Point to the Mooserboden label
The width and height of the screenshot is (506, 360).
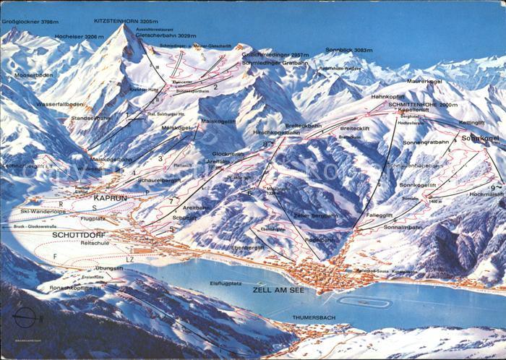30,74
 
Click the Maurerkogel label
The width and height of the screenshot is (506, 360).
424,82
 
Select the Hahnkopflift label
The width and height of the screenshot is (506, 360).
387,96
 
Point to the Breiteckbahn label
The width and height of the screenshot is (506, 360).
303,125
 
